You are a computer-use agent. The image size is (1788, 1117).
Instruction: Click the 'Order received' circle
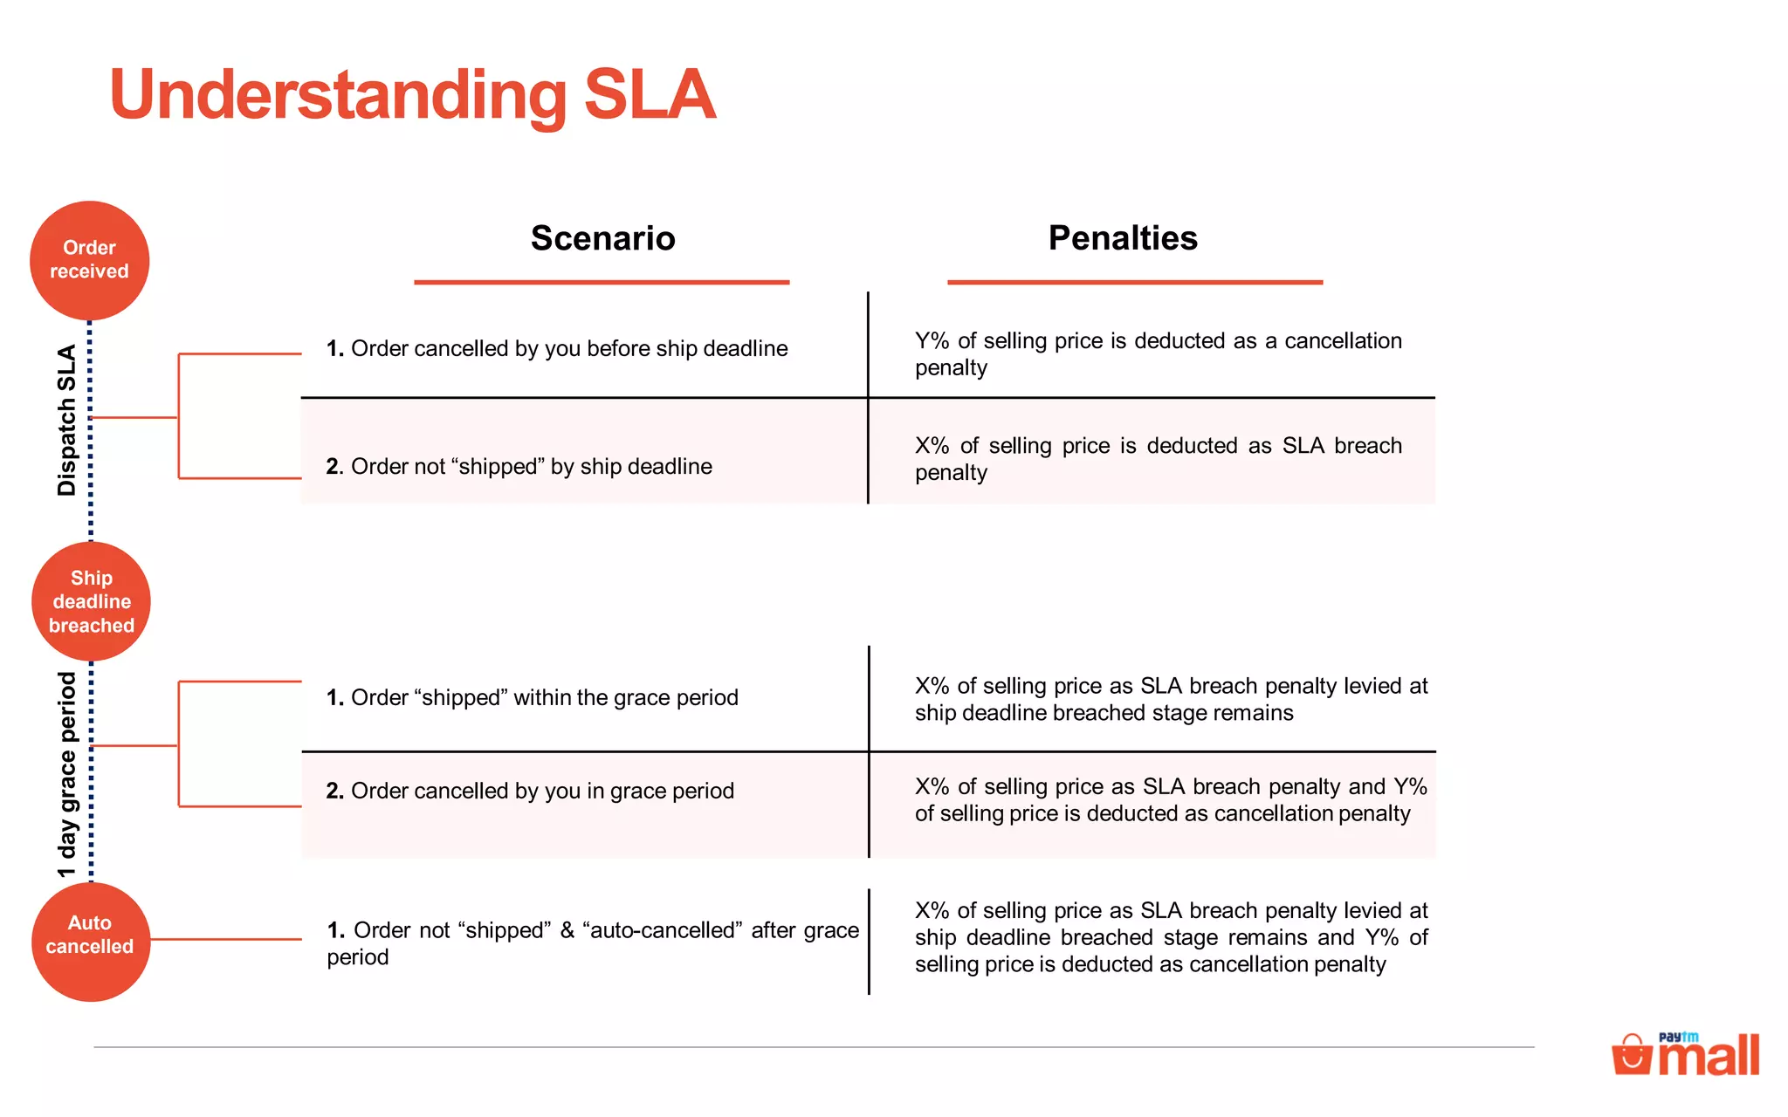(x=89, y=260)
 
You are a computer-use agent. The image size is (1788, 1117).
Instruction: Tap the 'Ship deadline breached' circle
(x=91, y=601)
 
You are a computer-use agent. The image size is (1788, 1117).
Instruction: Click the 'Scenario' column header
(x=602, y=238)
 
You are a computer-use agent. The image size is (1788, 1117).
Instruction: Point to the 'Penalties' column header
(x=1123, y=238)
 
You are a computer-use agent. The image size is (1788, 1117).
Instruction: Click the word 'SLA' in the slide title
(x=650, y=94)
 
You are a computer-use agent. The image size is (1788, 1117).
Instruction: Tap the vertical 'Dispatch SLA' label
(x=66, y=420)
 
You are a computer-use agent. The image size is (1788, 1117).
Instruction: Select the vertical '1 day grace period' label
(x=67, y=774)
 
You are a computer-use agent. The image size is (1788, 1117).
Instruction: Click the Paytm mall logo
(x=1686, y=1055)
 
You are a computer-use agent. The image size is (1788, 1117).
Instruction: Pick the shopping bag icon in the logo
(x=1631, y=1055)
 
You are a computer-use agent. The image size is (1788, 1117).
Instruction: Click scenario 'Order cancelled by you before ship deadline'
(x=557, y=349)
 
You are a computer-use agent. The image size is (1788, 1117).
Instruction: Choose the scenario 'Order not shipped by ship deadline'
(x=519, y=467)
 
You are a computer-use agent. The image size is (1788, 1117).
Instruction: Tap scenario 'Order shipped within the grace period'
(x=533, y=698)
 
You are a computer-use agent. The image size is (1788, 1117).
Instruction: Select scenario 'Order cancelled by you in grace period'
(x=530, y=791)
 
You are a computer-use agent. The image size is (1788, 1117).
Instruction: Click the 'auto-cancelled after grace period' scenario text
(x=593, y=943)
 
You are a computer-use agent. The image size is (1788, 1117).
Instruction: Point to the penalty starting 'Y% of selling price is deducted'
(x=1158, y=353)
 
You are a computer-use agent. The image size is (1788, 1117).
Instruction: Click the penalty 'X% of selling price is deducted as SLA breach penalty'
(x=1158, y=459)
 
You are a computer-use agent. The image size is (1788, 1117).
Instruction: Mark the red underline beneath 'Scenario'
(x=602, y=282)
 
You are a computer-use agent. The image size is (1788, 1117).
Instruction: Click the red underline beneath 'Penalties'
(x=1135, y=282)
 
